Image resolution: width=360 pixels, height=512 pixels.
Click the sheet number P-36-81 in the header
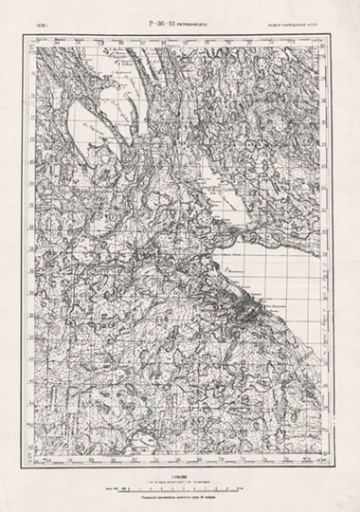pyautogui.click(x=158, y=17)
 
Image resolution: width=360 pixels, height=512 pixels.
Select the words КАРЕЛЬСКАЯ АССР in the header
pyautogui.click(x=314, y=18)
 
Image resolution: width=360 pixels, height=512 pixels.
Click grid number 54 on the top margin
pyautogui.click(x=57, y=40)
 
